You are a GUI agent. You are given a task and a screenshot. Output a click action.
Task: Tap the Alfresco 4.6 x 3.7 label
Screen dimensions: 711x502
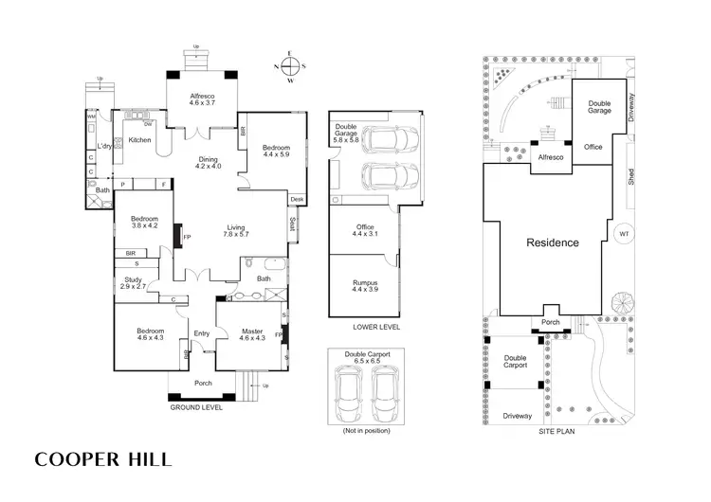[199, 100]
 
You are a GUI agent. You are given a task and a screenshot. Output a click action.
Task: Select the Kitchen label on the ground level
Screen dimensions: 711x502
[139, 141]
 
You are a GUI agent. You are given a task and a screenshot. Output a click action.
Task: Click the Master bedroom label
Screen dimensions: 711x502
[252, 333]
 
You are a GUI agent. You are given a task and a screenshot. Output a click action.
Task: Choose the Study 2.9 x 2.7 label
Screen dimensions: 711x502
[133, 282]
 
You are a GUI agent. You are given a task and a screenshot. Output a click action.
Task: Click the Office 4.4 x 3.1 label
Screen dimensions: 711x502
[365, 231]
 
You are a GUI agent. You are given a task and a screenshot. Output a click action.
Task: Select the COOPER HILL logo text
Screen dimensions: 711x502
[104, 459]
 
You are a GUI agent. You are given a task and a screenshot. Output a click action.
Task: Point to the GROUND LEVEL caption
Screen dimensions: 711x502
[195, 407]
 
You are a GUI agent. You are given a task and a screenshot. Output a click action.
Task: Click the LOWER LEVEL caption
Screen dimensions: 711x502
[374, 327]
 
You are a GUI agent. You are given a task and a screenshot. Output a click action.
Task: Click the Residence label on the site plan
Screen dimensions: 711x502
[553, 243]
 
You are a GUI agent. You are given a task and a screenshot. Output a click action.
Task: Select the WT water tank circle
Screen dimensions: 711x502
[623, 234]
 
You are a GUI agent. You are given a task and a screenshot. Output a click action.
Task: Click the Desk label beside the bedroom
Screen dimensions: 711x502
[297, 199]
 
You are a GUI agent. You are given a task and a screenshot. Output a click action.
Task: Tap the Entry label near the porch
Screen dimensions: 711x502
[202, 333]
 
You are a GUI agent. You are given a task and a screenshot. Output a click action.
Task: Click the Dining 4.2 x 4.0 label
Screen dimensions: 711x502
[208, 163]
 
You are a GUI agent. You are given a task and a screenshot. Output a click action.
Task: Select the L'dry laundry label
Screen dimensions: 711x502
[105, 147]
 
